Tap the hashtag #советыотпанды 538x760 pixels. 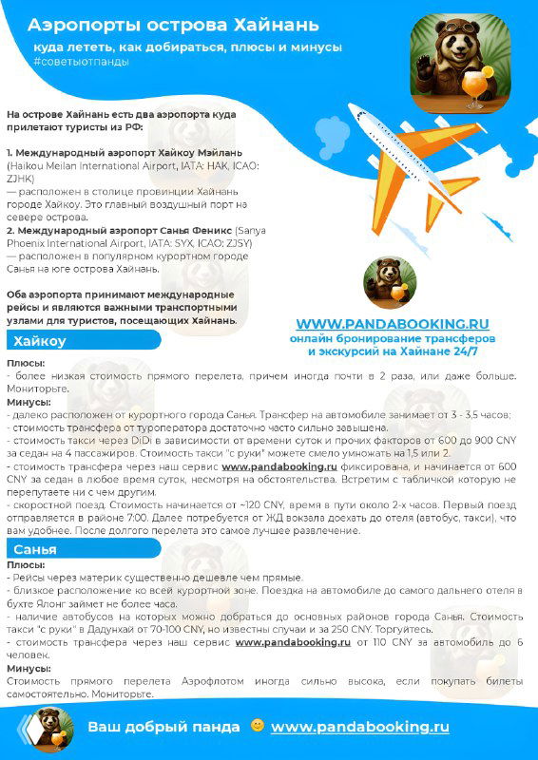[81, 61]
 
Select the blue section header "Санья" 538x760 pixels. [36, 549]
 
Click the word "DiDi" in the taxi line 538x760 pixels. [148, 440]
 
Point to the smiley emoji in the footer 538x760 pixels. [257, 726]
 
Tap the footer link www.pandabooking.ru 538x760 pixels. [359, 727]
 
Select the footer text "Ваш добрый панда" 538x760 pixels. [163, 727]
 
